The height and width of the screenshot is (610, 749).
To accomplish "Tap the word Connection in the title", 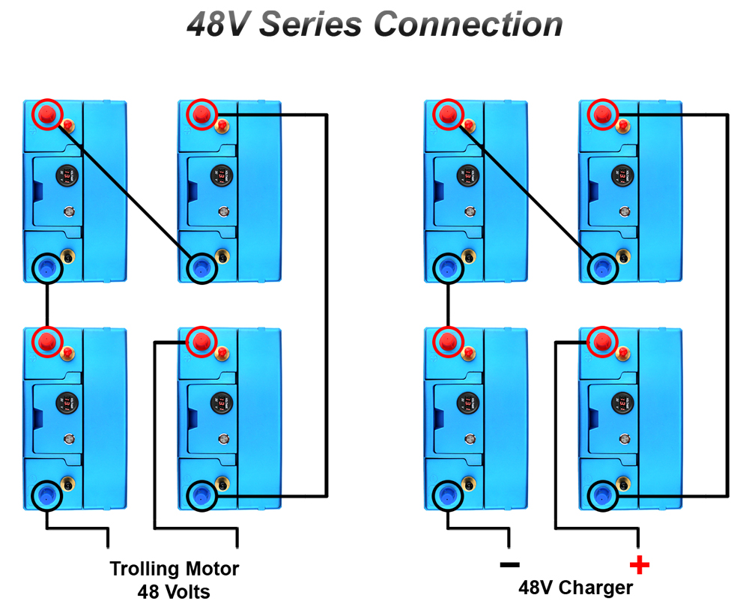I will (468, 24).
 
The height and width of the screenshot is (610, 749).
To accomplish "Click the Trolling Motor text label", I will (175, 569).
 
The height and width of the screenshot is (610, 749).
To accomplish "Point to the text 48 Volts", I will (174, 592).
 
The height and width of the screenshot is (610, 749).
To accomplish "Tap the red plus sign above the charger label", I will (639, 564).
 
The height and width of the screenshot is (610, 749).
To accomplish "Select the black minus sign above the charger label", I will (509, 564).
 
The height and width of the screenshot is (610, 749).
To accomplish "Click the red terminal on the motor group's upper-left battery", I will (47, 115).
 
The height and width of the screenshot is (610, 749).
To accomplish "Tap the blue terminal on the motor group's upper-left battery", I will (47, 266).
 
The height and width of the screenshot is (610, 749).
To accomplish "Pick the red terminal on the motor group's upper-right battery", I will (201, 115).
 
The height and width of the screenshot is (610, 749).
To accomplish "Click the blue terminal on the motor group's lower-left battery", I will (47, 493).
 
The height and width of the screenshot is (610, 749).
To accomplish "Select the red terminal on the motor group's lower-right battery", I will (201, 342).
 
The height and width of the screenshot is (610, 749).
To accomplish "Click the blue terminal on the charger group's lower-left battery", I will (448, 493).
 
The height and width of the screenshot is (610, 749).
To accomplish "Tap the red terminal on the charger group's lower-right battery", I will (601, 342).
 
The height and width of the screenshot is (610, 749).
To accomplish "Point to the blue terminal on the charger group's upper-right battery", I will (601, 266).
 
